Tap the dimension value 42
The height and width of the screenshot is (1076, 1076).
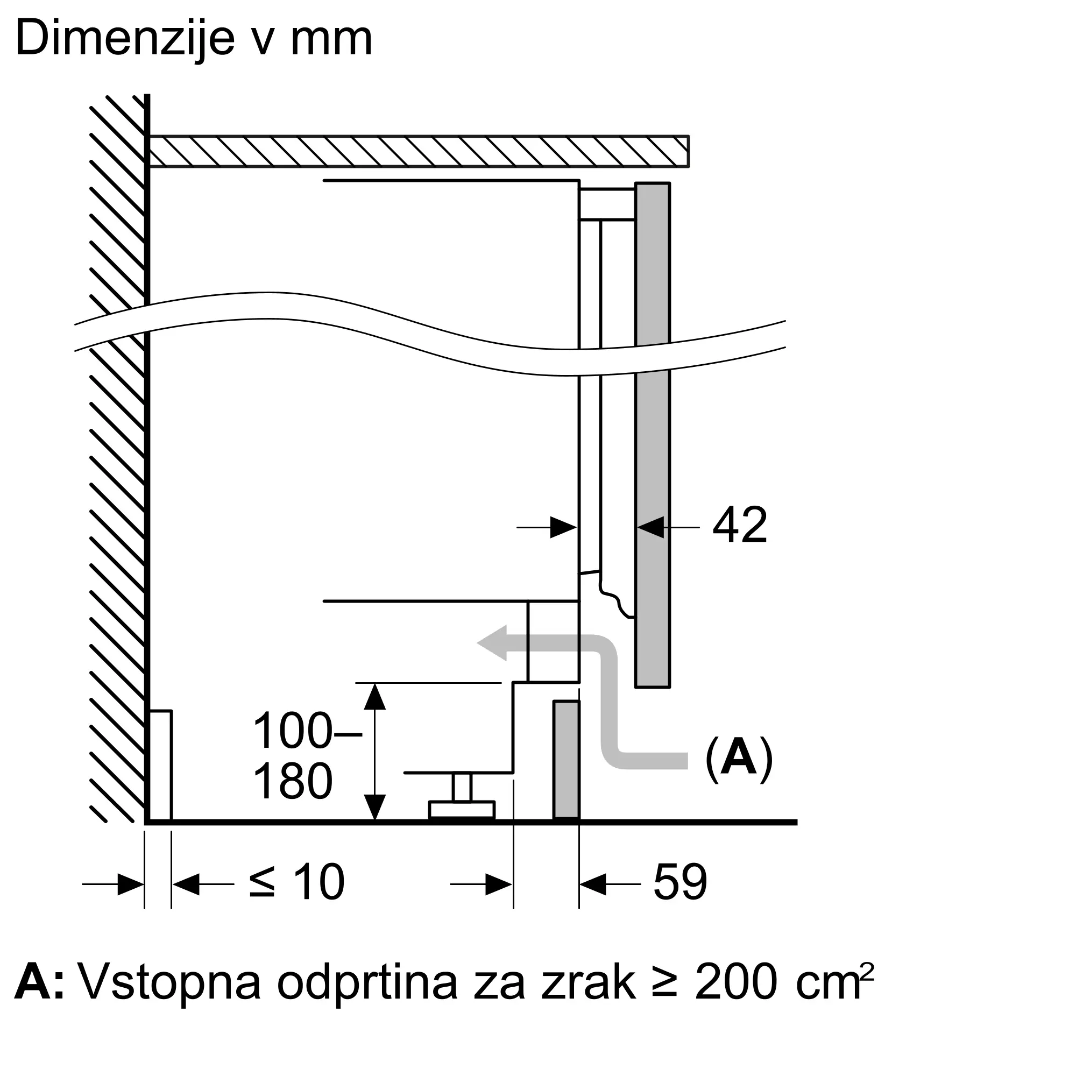pyautogui.click(x=740, y=525)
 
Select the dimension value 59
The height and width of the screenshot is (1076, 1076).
pyautogui.click(x=680, y=882)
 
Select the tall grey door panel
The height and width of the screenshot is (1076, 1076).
pyautogui.click(x=652, y=434)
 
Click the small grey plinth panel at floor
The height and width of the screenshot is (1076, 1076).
pyautogui.click(x=567, y=760)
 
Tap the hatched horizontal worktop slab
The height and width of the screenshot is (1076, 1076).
pyautogui.click(x=417, y=151)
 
